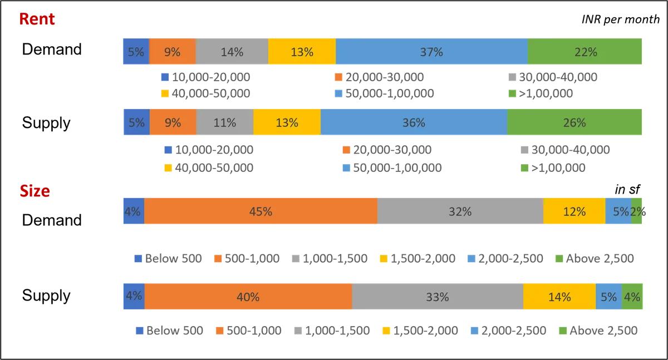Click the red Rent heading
[x=37, y=19]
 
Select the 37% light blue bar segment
[x=431, y=52]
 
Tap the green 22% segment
[x=585, y=52]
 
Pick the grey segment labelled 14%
[x=232, y=52]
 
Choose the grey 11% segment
[x=224, y=122]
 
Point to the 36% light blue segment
[x=414, y=122]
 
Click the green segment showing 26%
[x=575, y=122]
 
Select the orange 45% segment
[x=261, y=211]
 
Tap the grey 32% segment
[x=460, y=211]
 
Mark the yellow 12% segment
[x=574, y=211]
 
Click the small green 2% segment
[x=638, y=211]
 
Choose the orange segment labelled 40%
[x=248, y=297]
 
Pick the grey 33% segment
[x=437, y=297]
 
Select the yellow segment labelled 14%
[x=559, y=297]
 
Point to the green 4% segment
[x=632, y=297]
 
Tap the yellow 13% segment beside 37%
[x=302, y=52]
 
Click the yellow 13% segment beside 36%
[x=287, y=122]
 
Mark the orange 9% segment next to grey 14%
[x=172, y=52]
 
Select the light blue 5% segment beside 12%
[x=618, y=211]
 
